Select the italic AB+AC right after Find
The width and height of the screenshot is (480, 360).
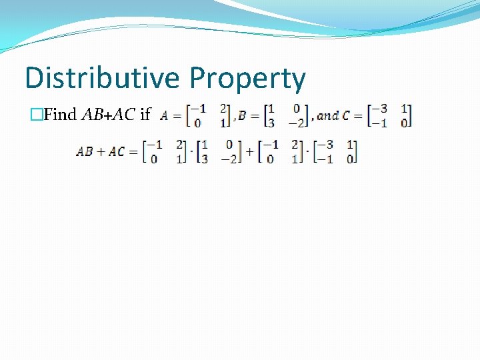[109, 115]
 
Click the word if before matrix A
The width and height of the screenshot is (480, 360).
[145, 115]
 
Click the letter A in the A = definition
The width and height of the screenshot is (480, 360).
[164, 116]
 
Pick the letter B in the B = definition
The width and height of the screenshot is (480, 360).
[242, 116]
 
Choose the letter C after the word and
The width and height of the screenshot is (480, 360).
[345, 116]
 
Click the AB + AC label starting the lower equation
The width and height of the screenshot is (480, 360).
[100, 151]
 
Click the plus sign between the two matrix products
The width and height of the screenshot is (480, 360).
[249, 151]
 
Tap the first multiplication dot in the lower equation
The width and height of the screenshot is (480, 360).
[192, 152]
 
